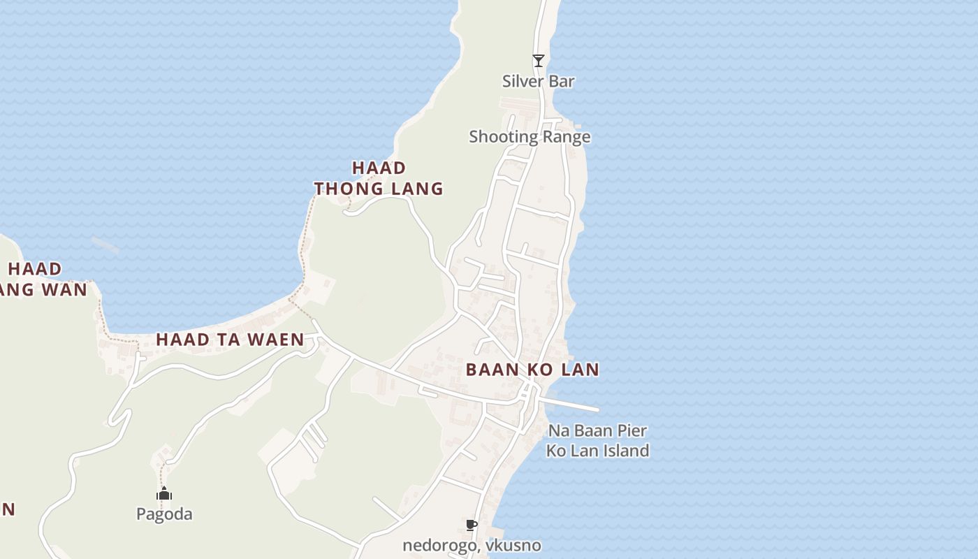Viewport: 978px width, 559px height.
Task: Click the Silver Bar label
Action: pyautogui.click(x=538, y=81)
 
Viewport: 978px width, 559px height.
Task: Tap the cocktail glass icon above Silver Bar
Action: pyautogui.click(x=538, y=61)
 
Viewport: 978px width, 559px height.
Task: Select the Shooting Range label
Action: pyautogui.click(x=530, y=136)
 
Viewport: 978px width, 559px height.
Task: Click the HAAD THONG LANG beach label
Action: pyautogui.click(x=379, y=178)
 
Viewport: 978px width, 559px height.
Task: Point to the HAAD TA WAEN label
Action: pyautogui.click(x=230, y=340)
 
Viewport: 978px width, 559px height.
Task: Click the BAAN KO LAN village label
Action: pyautogui.click(x=532, y=370)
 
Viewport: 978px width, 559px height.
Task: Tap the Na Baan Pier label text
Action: pyautogui.click(x=597, y=430)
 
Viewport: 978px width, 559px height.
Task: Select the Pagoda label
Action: pyautogui.click(x=164, y=514)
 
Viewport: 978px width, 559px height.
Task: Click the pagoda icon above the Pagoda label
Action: pyautogui.click(x=164, y=494)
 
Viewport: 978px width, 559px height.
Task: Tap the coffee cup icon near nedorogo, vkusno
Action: pyautogui.click(x=472, y=525)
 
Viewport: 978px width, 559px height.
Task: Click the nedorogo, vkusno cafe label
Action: pyautogui.click(x=472, y=545)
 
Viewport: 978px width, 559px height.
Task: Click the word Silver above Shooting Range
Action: pyautogui.click(x=520, y=81)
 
